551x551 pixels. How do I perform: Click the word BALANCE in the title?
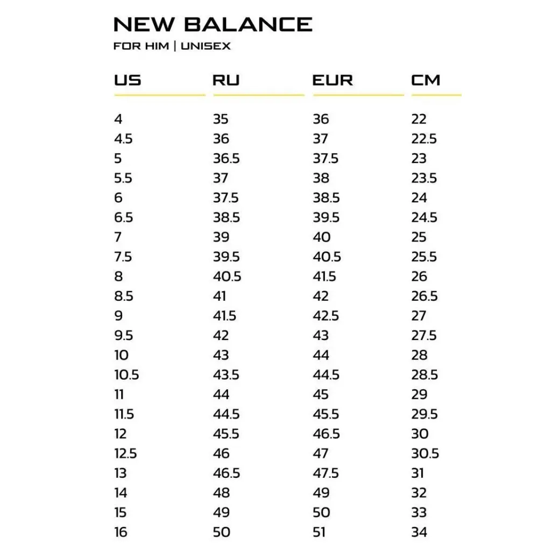click(x=248, y=24)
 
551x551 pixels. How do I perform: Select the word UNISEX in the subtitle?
click(x=206, y=46)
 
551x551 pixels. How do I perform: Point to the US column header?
click(x=128, y=80)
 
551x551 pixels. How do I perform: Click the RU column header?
click(x=226, y=80)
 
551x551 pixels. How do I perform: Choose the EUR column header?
click(x=333, y=80)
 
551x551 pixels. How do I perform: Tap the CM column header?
click(x=426, y=80)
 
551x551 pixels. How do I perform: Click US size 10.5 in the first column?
click(x=126, y=375)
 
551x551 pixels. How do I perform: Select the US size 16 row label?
click(x=121, y=532)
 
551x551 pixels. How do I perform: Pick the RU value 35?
click(x=221, y=119)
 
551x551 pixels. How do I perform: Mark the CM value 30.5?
click(x=425, y=454)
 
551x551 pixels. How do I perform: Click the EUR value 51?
click(x=320, y=532)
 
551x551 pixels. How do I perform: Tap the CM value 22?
click(x=419, y=119)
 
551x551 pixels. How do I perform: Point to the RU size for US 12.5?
click(x=221, y=454)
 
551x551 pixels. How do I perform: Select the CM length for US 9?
click(x=419, y=315)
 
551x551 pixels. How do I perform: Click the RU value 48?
click(x=221, y=493)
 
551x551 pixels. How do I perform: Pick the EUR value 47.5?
click(x=326, y=473)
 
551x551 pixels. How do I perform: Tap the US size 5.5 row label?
click(x=123, y=178)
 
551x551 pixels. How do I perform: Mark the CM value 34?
click(x=419, y=532)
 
